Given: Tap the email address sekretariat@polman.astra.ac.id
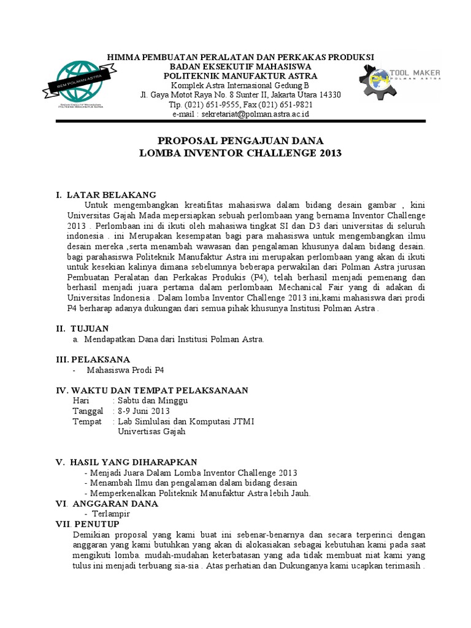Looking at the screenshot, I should [240, 114].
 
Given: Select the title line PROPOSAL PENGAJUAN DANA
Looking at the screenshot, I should [240, 140].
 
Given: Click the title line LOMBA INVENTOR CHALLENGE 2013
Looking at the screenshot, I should [240, 153].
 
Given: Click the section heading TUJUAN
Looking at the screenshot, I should [91, 329].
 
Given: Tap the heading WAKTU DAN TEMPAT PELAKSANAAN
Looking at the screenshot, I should [160, 390].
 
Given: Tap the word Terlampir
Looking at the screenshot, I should [110, 514].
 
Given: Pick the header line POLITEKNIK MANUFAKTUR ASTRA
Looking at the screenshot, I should [240, 75].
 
